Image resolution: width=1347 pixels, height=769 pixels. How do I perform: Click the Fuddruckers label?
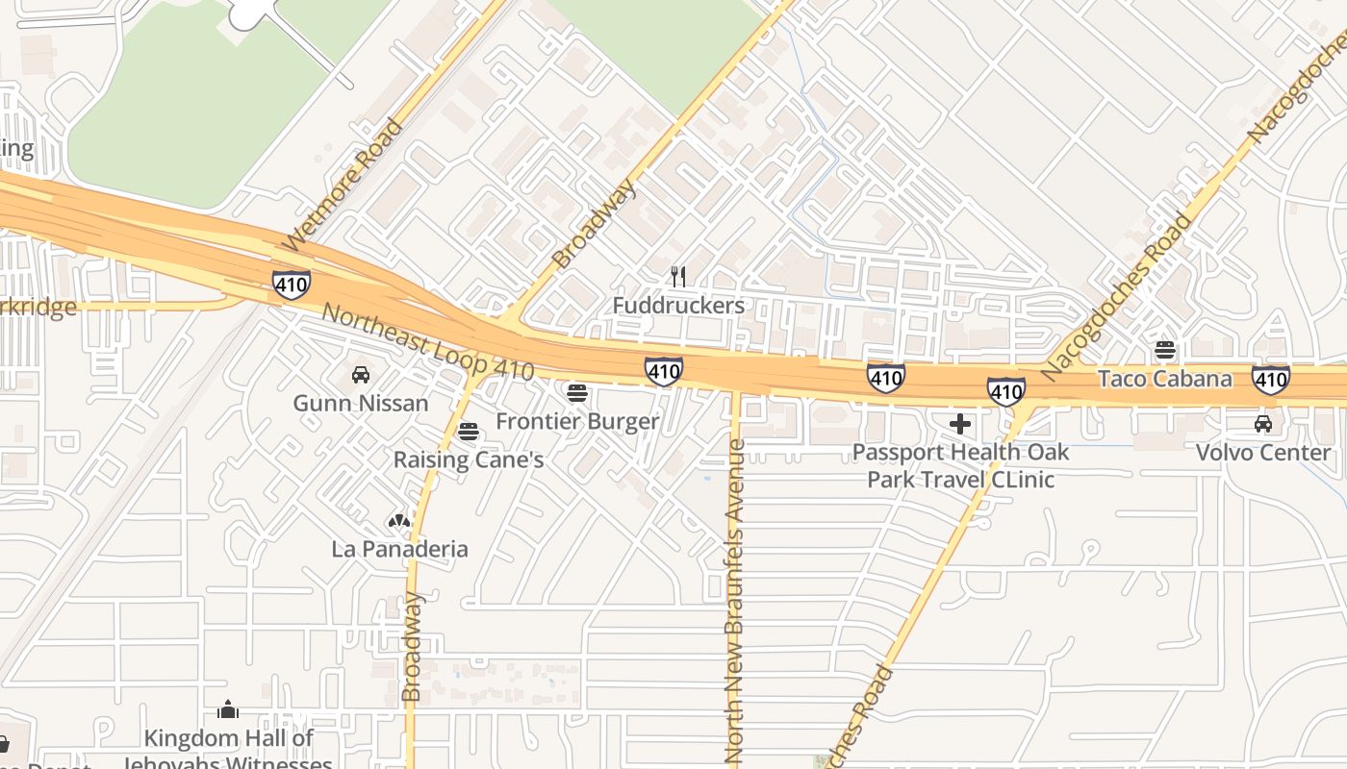[x=678, y=306]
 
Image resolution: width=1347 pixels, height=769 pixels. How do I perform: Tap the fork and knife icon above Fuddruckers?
[x=678, y=277]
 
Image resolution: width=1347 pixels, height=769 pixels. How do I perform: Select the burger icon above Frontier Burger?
[x=577, y=392]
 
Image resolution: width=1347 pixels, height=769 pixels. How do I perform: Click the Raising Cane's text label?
[x=469, y=460]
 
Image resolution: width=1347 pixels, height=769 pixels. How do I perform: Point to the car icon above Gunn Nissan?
[x=361, y=374]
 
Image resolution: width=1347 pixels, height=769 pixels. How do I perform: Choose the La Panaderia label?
[x=400, y=549]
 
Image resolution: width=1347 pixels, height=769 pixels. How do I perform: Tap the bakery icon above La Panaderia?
[x=399, y=521]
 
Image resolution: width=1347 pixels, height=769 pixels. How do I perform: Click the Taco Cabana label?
[x=1164, y=379]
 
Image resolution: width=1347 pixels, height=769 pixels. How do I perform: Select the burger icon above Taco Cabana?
[x=1165, y=350]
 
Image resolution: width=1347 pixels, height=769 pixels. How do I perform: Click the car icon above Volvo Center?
[x=1263, y=423]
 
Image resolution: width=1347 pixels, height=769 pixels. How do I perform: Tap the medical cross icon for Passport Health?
[x=959, y=423]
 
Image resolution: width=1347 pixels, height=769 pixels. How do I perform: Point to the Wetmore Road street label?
[x=341, y=185]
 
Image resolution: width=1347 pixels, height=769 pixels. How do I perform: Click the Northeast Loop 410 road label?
[x=427, y=342]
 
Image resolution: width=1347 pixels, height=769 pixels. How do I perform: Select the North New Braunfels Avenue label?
[x=736, y=601]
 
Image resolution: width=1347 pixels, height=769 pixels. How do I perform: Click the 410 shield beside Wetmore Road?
[x=291, y=285]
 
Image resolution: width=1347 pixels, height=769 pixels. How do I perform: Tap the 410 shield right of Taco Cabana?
[x=1271, y=380]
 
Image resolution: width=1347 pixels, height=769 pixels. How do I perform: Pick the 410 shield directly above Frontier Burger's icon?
[x=664, y=370]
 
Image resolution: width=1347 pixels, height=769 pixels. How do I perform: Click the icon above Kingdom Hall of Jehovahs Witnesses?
[x=228, y=710]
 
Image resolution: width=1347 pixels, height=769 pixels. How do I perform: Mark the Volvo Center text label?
[x=1263, y=452]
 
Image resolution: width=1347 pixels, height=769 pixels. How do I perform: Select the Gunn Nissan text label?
[x=361, y=403]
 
